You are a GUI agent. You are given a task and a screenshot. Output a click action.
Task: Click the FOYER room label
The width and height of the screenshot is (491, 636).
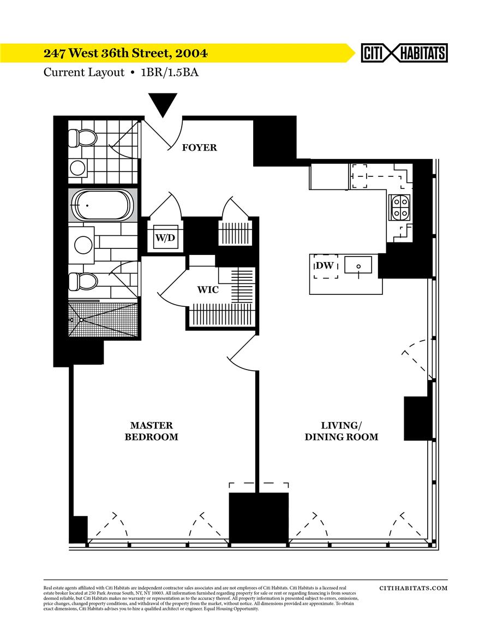coord(199,147)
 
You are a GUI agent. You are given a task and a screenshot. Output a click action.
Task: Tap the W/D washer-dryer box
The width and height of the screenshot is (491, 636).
coord(165,237)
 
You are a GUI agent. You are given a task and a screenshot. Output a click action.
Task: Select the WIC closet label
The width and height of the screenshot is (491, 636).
coord(208,289)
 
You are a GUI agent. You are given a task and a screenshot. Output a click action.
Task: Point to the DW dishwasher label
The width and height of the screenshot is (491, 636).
coord(324,266)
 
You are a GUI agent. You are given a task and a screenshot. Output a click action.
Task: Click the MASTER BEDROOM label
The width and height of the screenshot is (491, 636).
coord(151,431)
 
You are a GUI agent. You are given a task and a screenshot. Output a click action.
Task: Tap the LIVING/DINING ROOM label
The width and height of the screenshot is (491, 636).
coord(341,431)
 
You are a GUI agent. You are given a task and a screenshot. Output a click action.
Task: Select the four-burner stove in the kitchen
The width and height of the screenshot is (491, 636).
coord(400,207)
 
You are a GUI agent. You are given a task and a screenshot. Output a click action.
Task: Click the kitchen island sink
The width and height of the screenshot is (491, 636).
coord(358,266)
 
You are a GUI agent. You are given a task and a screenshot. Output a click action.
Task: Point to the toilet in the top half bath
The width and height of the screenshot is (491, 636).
coord(82,137)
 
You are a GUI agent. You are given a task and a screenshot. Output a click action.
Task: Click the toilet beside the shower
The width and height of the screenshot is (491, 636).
coord(82,282)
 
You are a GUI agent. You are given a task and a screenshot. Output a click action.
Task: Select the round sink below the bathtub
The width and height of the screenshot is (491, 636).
coord(83,244)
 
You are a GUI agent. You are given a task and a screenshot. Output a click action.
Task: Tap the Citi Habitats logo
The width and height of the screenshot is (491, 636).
coord(404,53)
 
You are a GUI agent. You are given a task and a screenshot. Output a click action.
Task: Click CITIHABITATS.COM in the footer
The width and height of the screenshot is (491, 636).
coord(413,588)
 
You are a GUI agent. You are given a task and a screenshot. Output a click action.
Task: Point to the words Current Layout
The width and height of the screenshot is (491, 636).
coord(84,72)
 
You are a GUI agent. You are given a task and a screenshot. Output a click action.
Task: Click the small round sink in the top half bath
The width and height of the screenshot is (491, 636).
coord(78,167)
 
